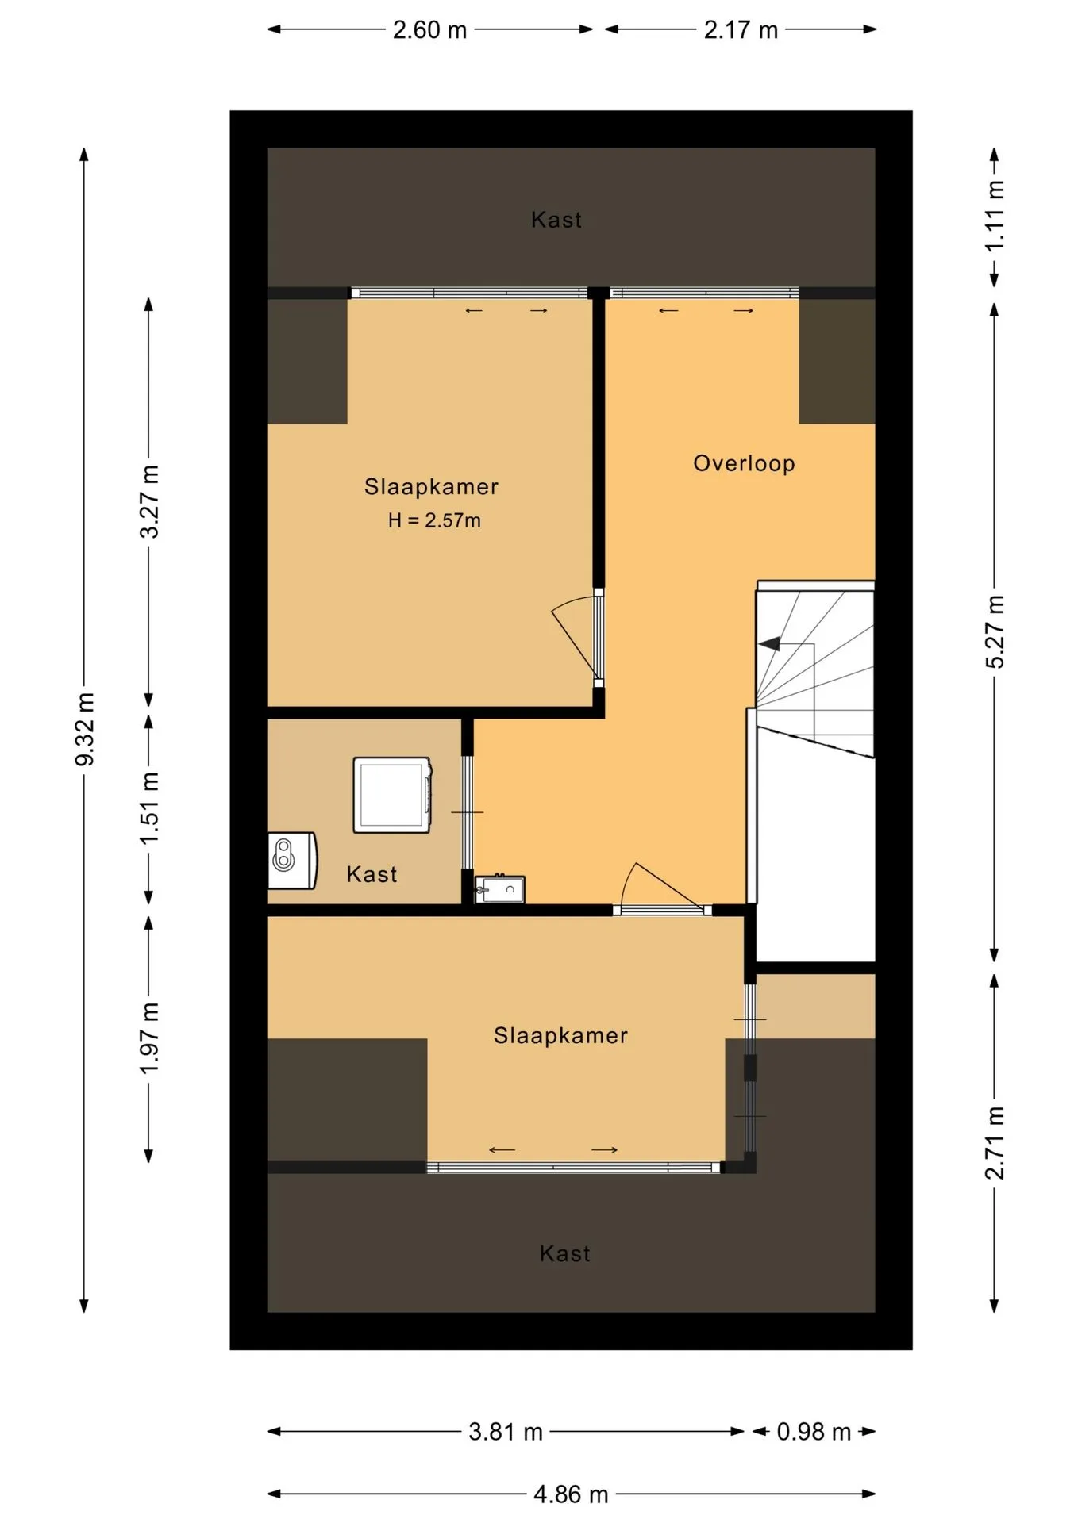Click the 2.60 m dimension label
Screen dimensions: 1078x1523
tap(429, 30)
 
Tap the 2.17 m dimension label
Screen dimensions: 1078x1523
tap(741, 30)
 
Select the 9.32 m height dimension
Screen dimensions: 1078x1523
tap(84, 729)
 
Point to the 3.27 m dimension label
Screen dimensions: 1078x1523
tap(149, 502)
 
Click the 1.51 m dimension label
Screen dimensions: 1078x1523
tap(149, 808)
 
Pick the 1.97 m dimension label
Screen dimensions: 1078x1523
tap(149, 1038)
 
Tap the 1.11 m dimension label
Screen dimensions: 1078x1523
tap(995, 216)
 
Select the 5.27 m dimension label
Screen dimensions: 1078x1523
tap(995, 631)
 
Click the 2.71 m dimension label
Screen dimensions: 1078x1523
tap(995, 1143)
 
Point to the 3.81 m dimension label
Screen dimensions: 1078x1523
tap(506, 1432)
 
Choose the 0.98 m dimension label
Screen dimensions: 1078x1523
tap(814, 1432)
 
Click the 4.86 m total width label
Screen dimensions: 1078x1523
tap(571, 1494)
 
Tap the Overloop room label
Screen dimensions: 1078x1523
tap(744, 463)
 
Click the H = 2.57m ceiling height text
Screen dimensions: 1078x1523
tap(434, 520)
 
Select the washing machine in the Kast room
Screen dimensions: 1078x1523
tap(393, 795)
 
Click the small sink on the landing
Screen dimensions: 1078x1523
tap(500, 889)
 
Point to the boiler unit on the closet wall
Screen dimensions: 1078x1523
tap(292, 860)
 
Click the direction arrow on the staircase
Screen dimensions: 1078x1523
tap(769, 644)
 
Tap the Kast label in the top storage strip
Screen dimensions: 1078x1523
tap(556, 220)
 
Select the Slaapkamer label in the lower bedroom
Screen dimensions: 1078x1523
tap(560, 1035)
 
